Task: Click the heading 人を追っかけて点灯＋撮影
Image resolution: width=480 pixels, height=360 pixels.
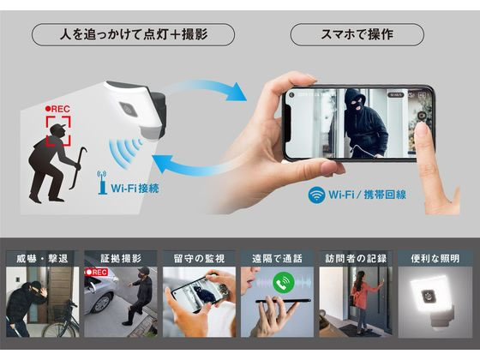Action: (134, 34)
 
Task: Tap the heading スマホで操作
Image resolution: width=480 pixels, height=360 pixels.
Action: (357, 34)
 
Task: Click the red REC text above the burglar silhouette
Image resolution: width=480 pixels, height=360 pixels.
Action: (57, 109)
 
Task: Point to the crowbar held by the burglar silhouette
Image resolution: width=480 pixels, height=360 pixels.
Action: (76, 168)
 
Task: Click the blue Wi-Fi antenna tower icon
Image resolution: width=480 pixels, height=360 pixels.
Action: (102, 183)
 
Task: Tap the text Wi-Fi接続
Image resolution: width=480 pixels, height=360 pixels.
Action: (135, 189)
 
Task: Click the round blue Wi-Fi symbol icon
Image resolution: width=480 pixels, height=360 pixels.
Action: (316, 195)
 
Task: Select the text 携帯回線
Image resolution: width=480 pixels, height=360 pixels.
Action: (385, 195)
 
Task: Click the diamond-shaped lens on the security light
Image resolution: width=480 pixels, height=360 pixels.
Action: (128, 109)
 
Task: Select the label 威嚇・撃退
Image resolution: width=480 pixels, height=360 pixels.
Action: (42, 259)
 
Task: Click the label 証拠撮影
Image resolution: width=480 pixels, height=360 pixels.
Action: (121, 259)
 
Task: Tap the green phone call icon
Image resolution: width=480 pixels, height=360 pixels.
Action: (284, 282)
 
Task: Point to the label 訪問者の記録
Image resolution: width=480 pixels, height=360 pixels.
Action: (356, 259)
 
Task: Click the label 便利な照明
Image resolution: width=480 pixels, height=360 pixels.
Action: (435, 259)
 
